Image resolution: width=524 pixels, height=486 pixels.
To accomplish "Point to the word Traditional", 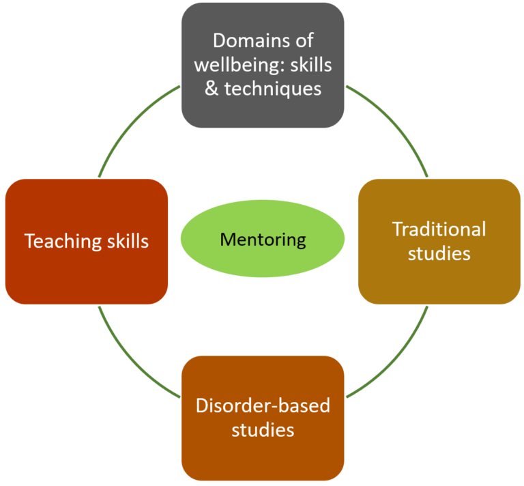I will [x=439, y=229].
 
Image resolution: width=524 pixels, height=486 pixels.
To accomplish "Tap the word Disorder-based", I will [x=263, y=405].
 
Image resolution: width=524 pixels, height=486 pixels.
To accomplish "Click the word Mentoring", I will [x=263, y=240].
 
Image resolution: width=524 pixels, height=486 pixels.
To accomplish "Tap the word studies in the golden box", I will [x=439, y=253].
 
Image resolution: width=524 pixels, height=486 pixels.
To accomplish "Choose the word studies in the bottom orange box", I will [x=263, y=430].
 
